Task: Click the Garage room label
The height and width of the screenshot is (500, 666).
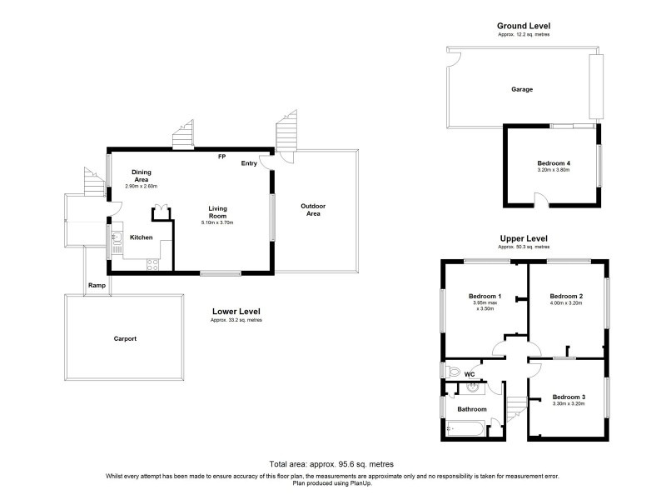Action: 522,89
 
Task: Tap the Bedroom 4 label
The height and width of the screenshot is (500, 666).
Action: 554,162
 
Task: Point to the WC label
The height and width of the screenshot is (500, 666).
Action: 470,374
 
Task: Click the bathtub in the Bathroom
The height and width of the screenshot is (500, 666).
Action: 466,429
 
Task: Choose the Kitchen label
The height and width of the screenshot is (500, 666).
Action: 141,237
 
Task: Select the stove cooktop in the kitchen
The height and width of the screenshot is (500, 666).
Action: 153,265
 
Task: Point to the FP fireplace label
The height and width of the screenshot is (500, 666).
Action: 221,157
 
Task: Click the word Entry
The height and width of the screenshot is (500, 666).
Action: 249,163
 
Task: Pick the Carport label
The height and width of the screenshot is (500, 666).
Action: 125,339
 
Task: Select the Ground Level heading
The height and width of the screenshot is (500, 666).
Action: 523,26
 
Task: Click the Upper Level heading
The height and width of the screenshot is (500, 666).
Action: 523,238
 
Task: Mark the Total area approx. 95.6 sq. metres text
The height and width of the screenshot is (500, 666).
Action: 331,463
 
